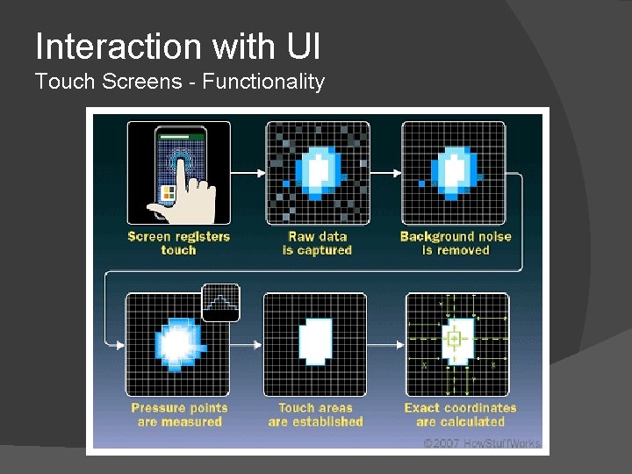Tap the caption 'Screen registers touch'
coord(179,243)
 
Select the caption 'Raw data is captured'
coord(317,243)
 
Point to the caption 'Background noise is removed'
coord(455,243)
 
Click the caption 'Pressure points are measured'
coord(179,414)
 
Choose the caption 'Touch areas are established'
coord(316,414)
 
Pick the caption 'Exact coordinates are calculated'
coord(460,414)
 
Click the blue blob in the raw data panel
coord(317,171)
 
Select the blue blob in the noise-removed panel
coord(455,171)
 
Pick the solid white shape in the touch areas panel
coord(316,341)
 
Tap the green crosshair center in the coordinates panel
coord(454,339)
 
